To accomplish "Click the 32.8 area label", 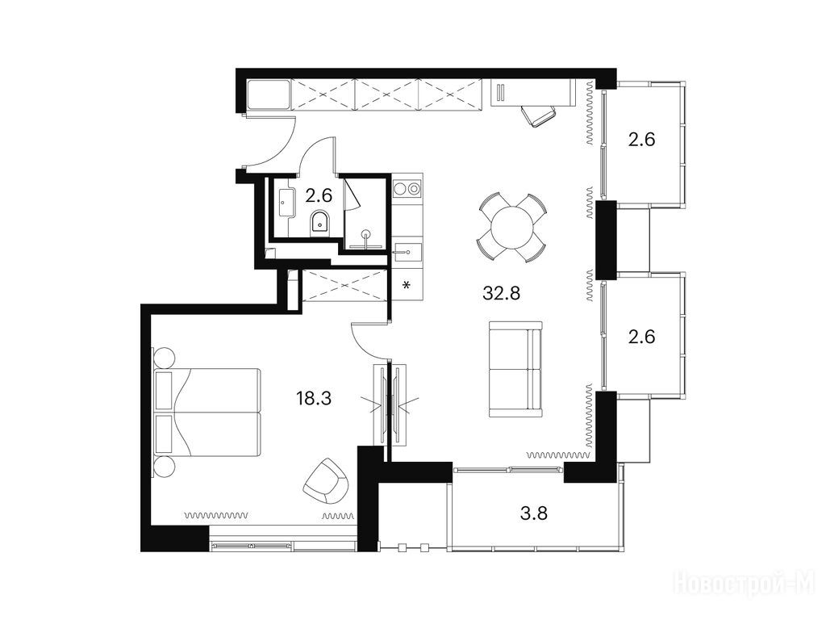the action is coord(501,292).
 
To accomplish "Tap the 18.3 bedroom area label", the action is coord(314,398).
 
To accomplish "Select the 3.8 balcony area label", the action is coord(534,513).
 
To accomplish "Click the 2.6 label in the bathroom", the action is coord(319,196).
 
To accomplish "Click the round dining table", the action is coord(511,228).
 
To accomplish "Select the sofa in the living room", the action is coord(515,369).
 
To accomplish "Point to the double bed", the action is coord(207,413).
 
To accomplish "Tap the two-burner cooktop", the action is coord(407,188).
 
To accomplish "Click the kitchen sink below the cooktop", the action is coord(407,252).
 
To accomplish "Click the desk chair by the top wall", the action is coord(538,115).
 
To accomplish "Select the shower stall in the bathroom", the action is coord(365,213).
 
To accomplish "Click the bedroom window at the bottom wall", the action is coord(283,544).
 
